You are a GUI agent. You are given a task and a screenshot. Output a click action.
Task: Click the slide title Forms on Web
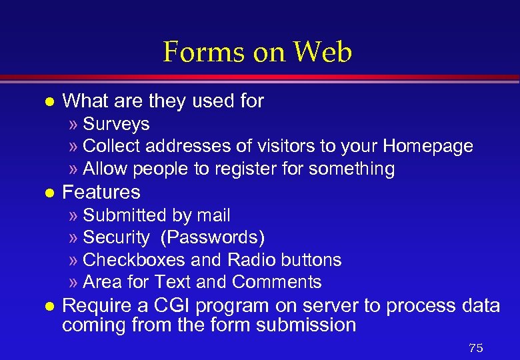[257, 52]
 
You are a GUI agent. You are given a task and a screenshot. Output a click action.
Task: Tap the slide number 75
[475, 348]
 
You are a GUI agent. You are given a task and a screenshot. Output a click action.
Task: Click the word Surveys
[116, 124]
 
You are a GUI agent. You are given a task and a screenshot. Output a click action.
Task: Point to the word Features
[101, 193]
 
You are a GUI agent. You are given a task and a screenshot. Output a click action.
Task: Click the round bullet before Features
[46, 193]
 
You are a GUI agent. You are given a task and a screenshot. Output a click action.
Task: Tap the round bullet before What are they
[46, 102]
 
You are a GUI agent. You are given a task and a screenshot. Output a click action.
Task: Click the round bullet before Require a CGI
[46, 307]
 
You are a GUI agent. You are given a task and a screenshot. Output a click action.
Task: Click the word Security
[117, 237]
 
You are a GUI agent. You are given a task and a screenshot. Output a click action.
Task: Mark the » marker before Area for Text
[73, 283]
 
